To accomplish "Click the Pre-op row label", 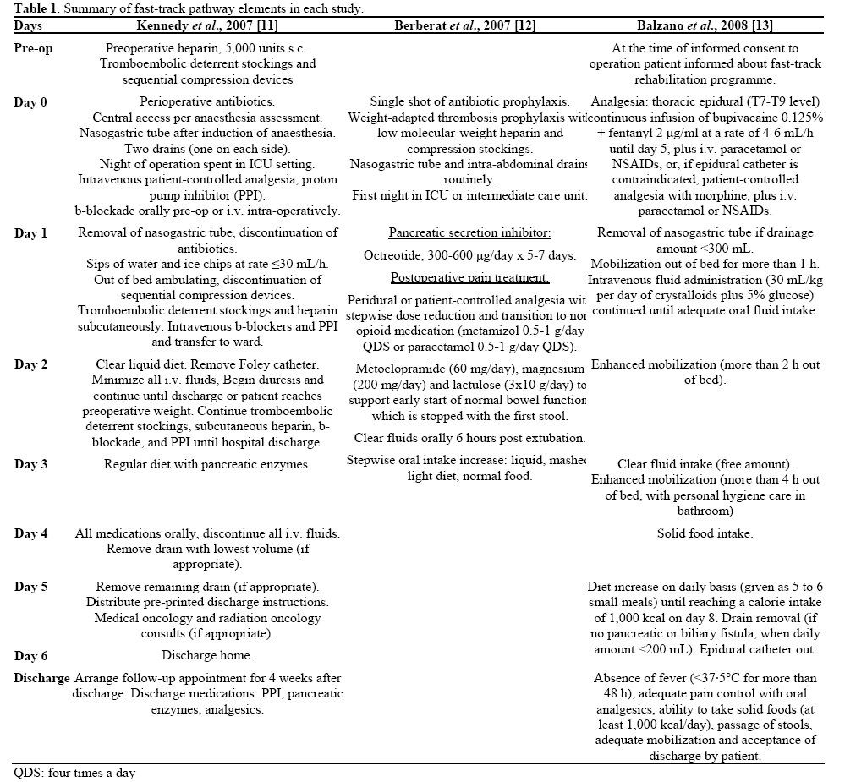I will [x=33, y=49].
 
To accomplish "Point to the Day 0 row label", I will [x=30, y=102].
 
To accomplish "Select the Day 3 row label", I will [x=30, y=464].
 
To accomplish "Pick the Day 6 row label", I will [x=30, y=656].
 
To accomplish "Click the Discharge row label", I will [x=41, y=678].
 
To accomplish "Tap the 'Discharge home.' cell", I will [x=207, y=655].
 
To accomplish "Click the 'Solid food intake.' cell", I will [x=705, y=533].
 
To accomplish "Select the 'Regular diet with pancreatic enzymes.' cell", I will [x=207, y=464].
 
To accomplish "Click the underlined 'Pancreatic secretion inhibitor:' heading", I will [x=468, y=233].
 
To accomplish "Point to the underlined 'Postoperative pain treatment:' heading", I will [x=468, y=277].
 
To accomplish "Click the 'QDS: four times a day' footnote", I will [x=74, y=773].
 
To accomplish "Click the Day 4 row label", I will [x=30, y=533].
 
